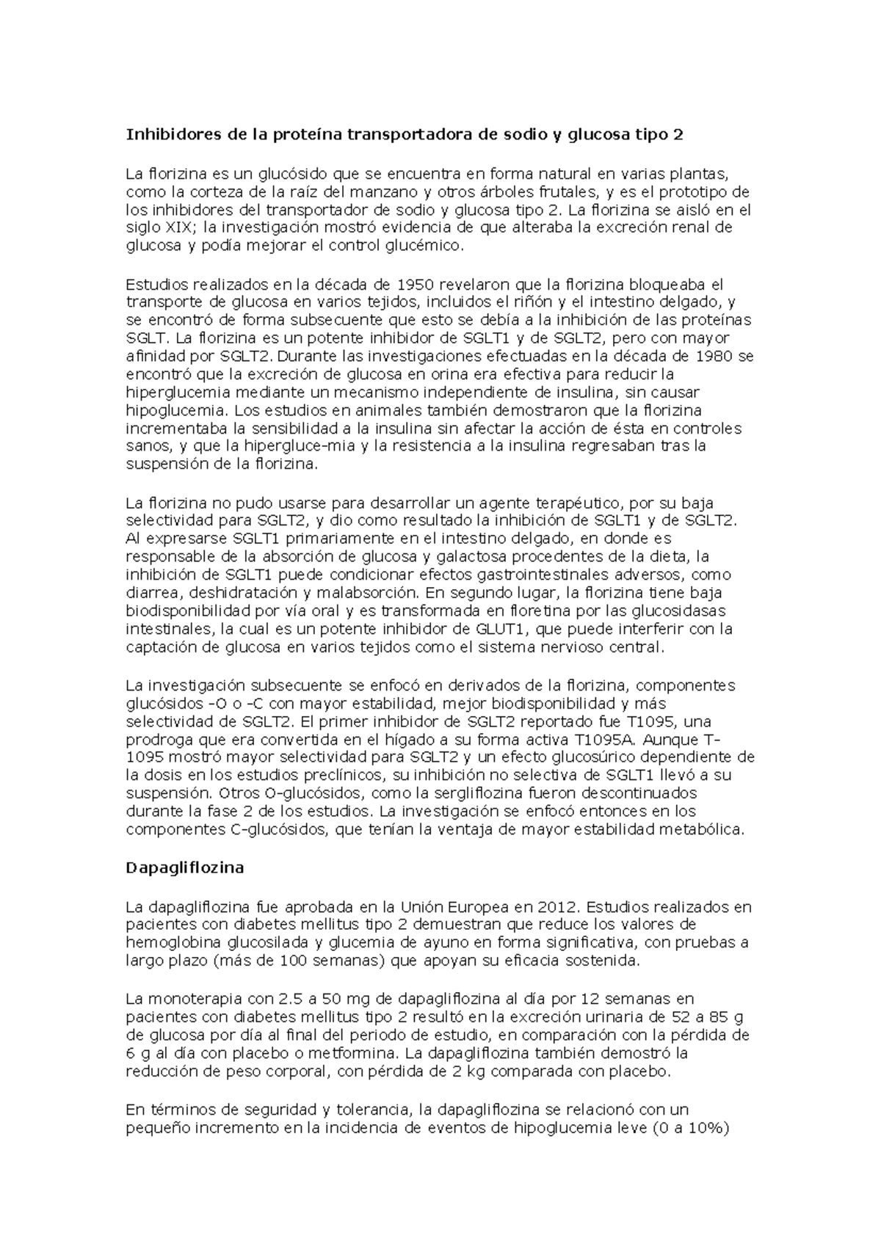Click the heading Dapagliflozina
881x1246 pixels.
184,867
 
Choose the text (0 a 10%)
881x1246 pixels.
689,1129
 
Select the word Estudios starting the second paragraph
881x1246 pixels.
156,284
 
